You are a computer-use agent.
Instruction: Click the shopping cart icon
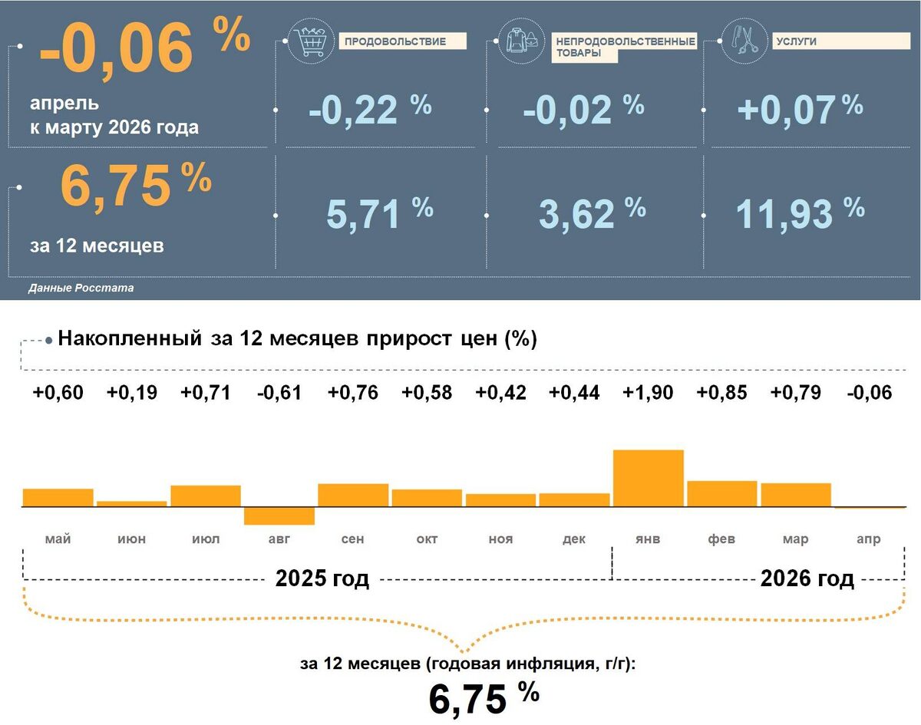[311, 41]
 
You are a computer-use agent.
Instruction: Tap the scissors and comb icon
[744, 41]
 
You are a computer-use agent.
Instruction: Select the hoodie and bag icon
[522, 41]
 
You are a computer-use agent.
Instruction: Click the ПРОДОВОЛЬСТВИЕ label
[395, 41]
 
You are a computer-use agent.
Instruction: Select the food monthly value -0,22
[353, 110]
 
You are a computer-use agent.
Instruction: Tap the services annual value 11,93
[784, 214]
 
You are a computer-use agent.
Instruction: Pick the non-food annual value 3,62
[576, 214]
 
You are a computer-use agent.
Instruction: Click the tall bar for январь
[649, 478]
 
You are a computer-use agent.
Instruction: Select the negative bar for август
[279, 516]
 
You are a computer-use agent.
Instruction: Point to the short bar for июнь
[132, 504]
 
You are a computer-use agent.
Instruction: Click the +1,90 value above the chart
[648, 393]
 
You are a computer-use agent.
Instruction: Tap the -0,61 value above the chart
[279, 393]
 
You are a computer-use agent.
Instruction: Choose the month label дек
[574, 539]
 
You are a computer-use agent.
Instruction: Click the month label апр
[869, 539]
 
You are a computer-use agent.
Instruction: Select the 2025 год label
[322, 578]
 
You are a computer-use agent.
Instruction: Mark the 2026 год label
[807, 578]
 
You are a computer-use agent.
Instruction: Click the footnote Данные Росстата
[81, 288]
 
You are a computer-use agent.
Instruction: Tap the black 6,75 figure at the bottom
[467, 700]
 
